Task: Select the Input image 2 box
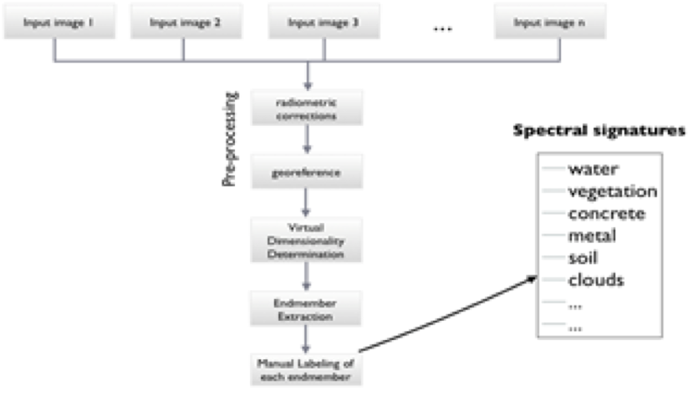[x=185, y=23]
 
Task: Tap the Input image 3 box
[x=325, y=23]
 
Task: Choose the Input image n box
[x=548, y=23]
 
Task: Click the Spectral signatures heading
[x=599, y=131]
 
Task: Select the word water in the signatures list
[x=593, y=170]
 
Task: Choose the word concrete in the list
[x=606, y=213]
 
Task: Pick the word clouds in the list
[x=595, y=279]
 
